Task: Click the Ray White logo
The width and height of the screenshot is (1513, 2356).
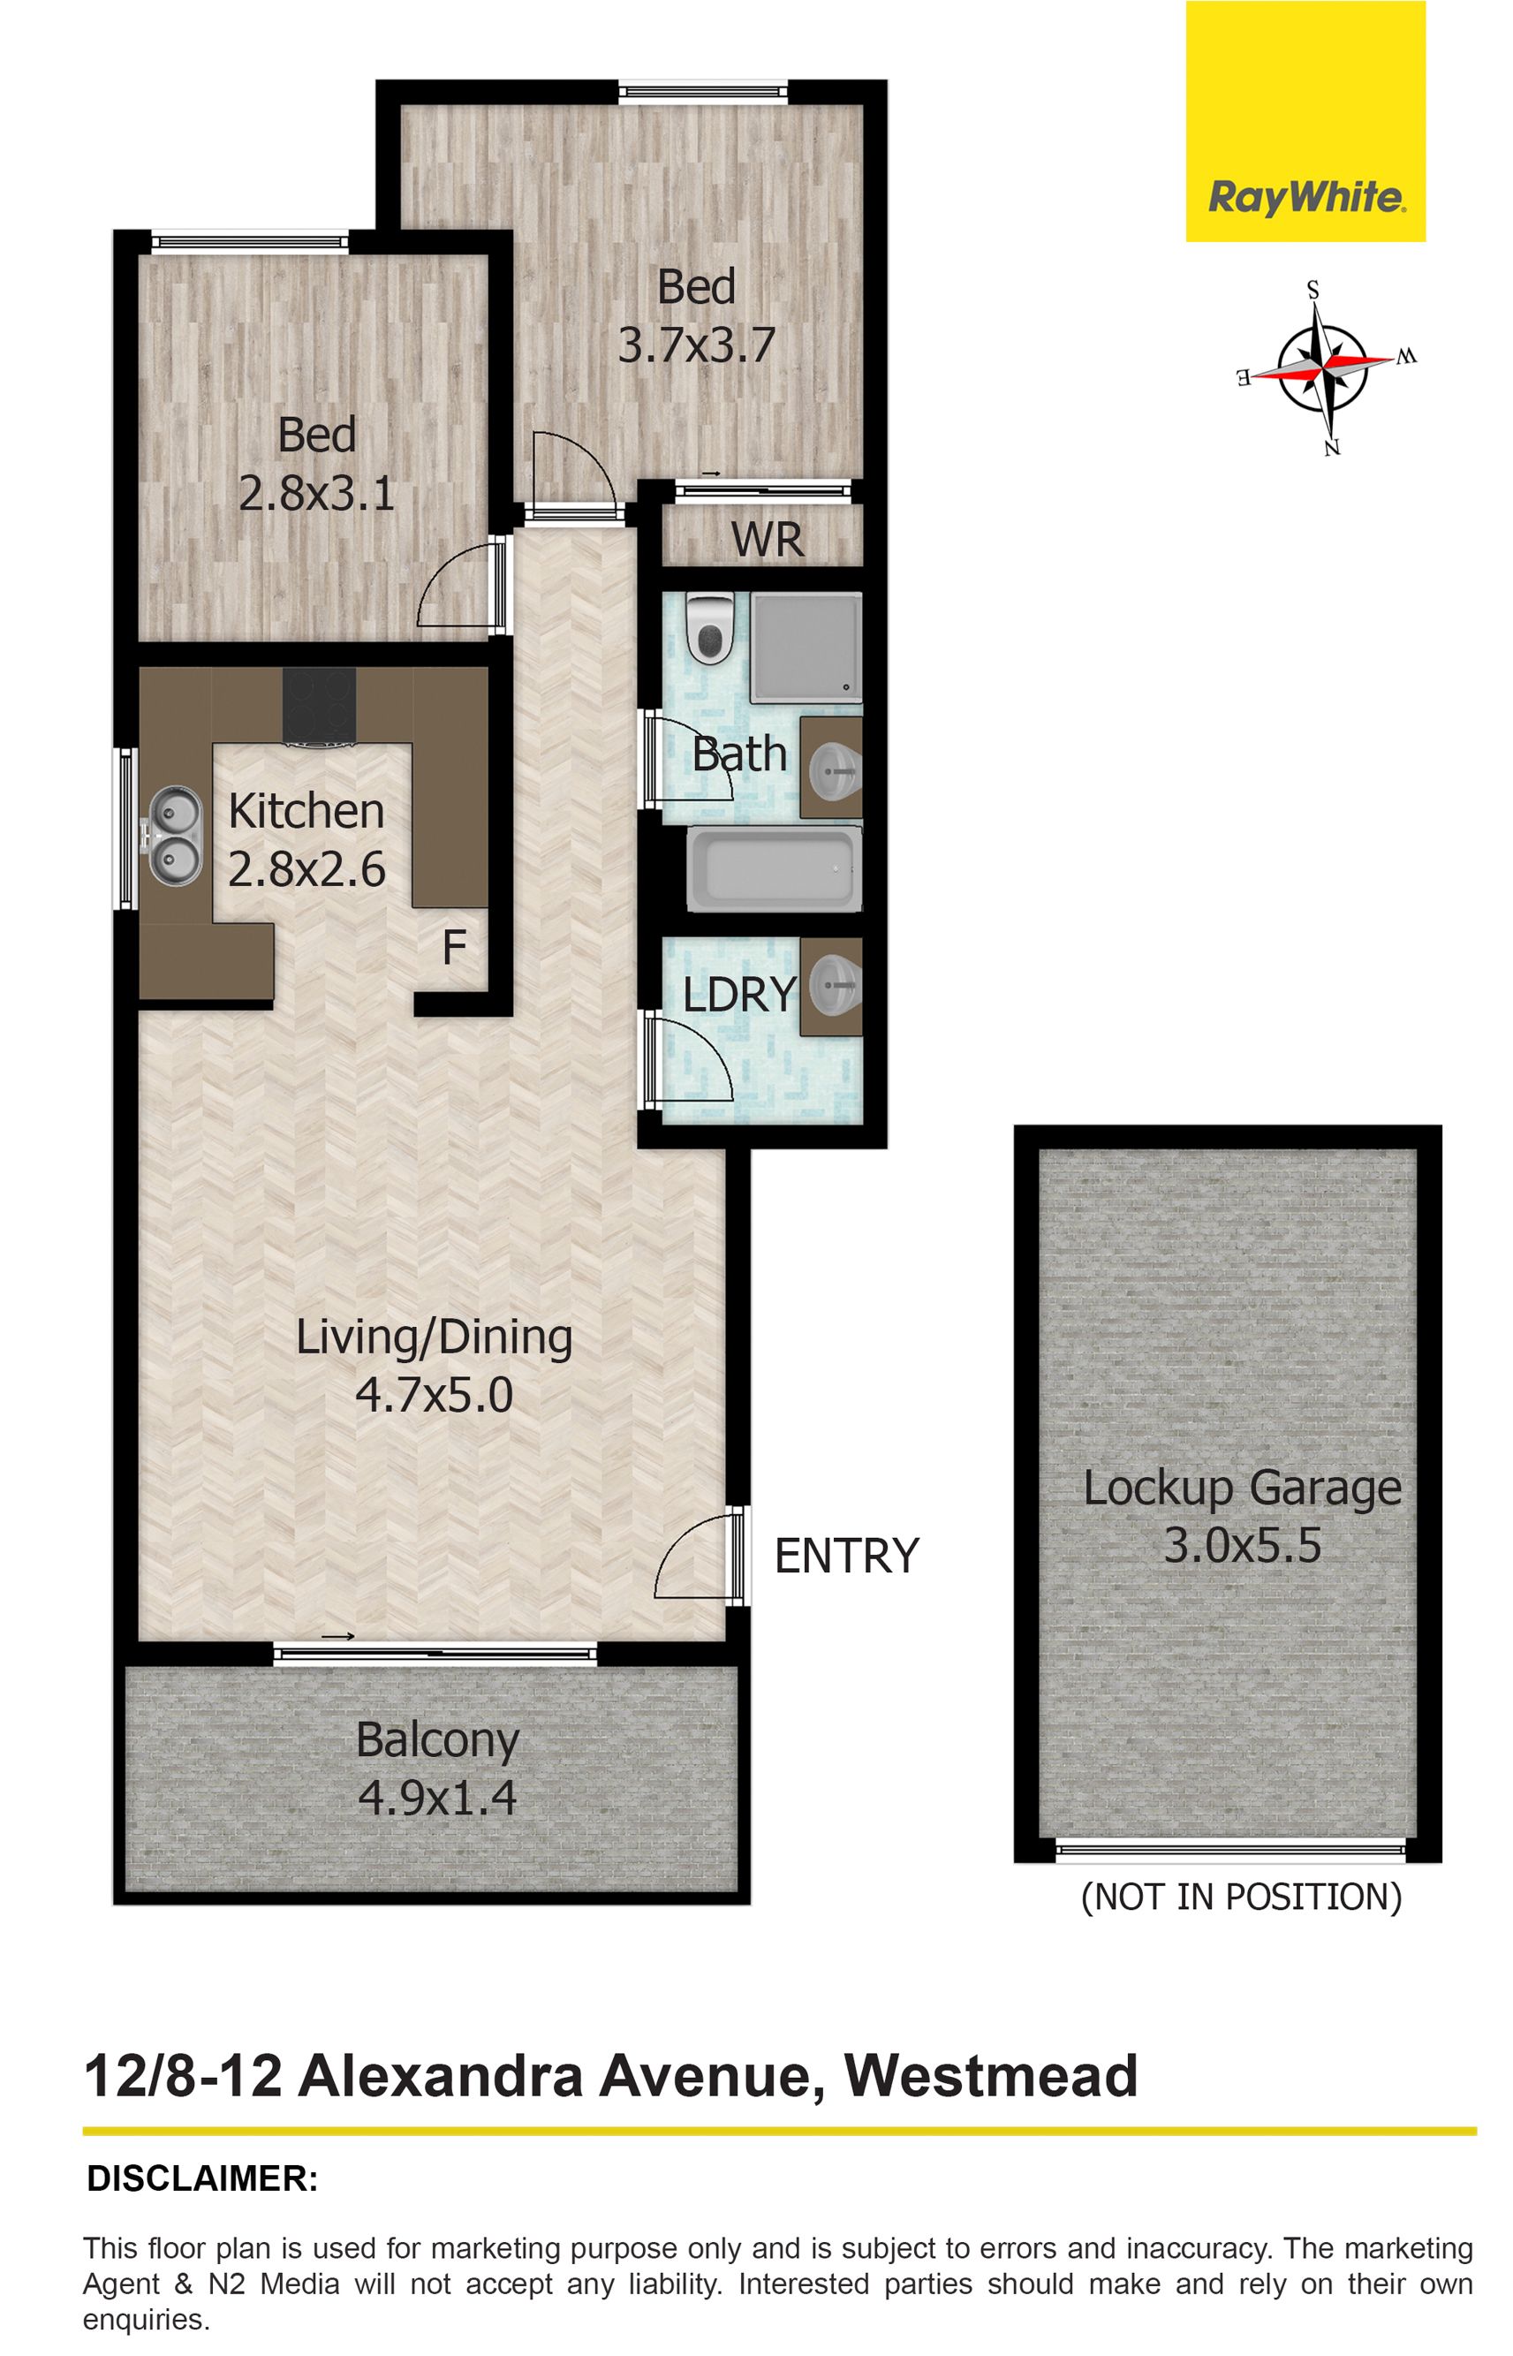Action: pyautogui.click(x=1305, y=121)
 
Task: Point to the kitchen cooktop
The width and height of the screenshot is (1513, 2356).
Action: pyautogui.click(x=321, y=708)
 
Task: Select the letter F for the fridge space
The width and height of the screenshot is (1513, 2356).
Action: pyautogui.click(x=453, y=947)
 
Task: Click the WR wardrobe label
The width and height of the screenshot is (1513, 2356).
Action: pyautogui.click(x=768, y=540)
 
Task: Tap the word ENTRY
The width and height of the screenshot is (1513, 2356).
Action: pyautogui.click(x=846, y=1556)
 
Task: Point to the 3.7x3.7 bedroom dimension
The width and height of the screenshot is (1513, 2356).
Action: pyautogui.click(x=697, y=345)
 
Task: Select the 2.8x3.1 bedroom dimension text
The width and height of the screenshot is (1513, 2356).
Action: pyautogui.click(x=316, y=493)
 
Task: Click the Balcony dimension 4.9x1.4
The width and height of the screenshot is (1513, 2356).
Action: pyautogui.click(x=437, y=1799)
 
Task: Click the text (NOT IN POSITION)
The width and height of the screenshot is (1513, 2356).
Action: pyautogui.click(x=1241, y=1897)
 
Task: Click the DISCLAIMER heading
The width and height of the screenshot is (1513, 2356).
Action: pyautogui.click(x=202, y=2179)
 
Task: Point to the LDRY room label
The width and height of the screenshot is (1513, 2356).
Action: pyautogui.click(x=738, y=996)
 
